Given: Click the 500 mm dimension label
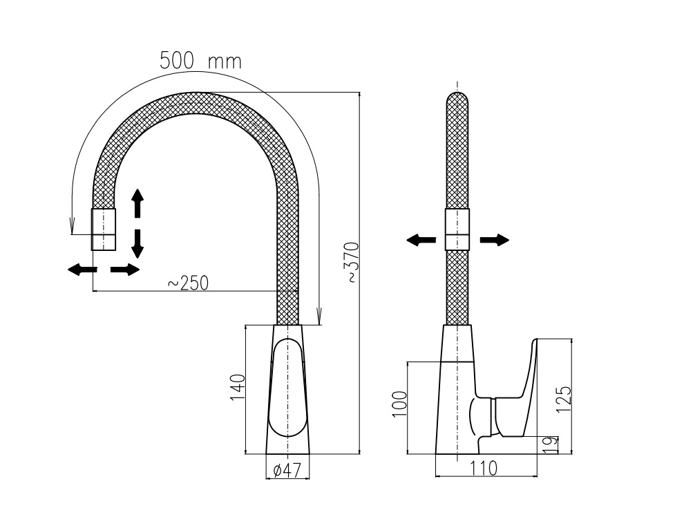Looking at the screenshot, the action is click(x=200, y=61).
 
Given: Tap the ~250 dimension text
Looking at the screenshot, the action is click(x=188, y=283).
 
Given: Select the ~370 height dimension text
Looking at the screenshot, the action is click(x=352, y=263).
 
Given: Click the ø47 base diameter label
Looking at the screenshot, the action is click(x=287, y=470).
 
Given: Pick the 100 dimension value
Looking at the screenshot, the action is click(x=399, y=404).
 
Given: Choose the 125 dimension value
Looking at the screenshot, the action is click(x=564, y=399).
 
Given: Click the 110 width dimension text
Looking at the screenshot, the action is click(x=484, y=468).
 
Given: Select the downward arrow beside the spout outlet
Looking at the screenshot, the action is click(x=137, y=244).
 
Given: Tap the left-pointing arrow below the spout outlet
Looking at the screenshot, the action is click(x=82, y=270).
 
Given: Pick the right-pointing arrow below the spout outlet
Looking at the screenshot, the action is click(x=125, y=270).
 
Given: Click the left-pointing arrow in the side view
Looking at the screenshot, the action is click(x=421, y=240).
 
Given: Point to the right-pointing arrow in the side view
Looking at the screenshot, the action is click(x=495, y=240).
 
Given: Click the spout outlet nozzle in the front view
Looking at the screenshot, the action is click(x=104, y=229).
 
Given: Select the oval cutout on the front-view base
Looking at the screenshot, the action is click(x=287, y=388).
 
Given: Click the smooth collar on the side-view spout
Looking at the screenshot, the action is click(x=457, y=229).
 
